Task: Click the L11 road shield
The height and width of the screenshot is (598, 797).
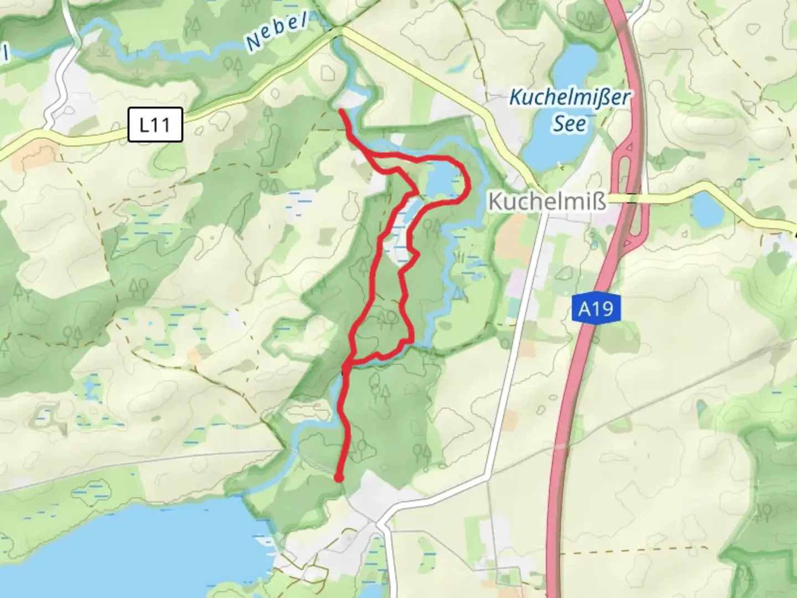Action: [x=155, y=125]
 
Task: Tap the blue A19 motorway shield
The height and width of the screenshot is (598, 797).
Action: [x=596, y=308]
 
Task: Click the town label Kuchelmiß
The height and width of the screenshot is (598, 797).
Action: [x=547, y=202]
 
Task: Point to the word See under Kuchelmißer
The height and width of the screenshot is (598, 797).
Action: [x=570, y=123]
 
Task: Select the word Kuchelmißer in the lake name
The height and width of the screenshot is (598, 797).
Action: [x=570, y=98]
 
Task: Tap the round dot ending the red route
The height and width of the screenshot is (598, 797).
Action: [x=339, y=478]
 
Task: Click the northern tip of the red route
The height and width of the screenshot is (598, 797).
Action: [x=341, y=112]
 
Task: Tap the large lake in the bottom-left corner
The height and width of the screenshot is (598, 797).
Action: [x=127, y=548]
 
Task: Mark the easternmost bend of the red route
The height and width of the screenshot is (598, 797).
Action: [x=468, y=180]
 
